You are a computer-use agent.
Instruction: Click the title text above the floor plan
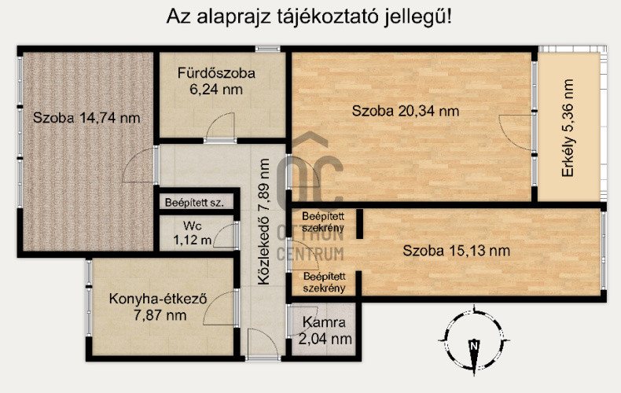(x=310, y=17)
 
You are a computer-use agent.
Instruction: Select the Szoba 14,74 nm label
(x=86, y=119)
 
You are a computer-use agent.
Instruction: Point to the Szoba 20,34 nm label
(x=405, y=111)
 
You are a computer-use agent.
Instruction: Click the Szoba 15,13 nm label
(x=456, y=252)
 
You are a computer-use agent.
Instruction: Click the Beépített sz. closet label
(x=194, y=203)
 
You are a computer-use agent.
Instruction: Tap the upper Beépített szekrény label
(x=324, y=222)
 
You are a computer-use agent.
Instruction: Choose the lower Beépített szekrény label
(x=324, y=282)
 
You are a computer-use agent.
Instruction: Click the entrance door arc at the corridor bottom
(x=259, y=342)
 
